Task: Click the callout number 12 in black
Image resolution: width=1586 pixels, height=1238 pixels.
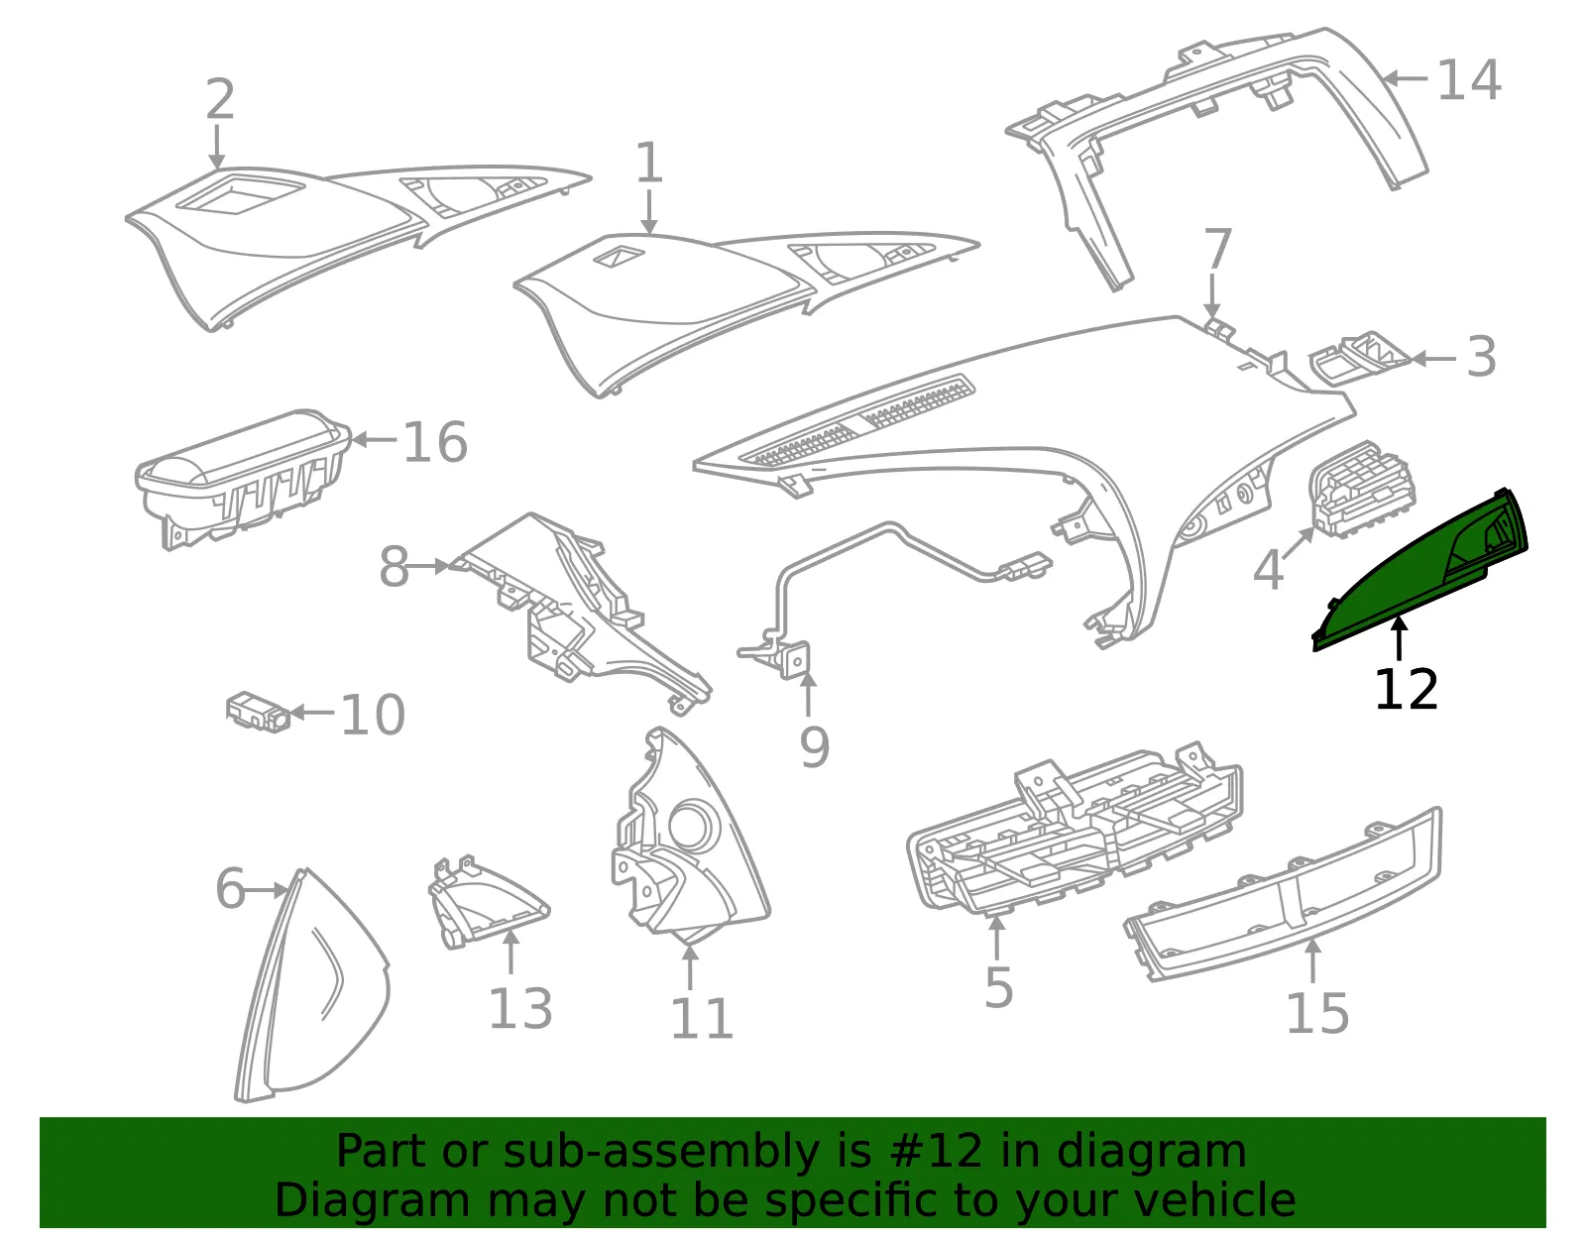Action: [1405, 689]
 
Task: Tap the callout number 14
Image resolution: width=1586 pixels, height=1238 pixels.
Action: [1468, 79]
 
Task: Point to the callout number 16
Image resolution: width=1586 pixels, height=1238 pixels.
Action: [435, 442]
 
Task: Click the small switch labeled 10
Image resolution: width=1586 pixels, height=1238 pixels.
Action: [258, 712]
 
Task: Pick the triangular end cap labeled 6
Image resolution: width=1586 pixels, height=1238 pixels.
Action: [312, 985]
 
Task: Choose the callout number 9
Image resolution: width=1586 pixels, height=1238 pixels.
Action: [815, 747]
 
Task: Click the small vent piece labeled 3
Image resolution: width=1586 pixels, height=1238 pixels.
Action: [1360, 357]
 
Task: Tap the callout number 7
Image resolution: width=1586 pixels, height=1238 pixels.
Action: [1217, 250]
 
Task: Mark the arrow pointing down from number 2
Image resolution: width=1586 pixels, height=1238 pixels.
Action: [216, 147]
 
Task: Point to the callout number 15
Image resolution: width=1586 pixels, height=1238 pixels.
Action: [1317, 1014]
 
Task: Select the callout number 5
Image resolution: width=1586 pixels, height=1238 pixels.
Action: [998, 988]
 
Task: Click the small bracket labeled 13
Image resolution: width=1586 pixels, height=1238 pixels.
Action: [488, 902]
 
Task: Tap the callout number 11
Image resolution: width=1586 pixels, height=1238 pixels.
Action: [701, 1018]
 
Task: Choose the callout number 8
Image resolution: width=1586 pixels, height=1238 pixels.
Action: [395, 566]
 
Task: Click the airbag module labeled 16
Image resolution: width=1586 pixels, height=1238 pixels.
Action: [243, 478]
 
